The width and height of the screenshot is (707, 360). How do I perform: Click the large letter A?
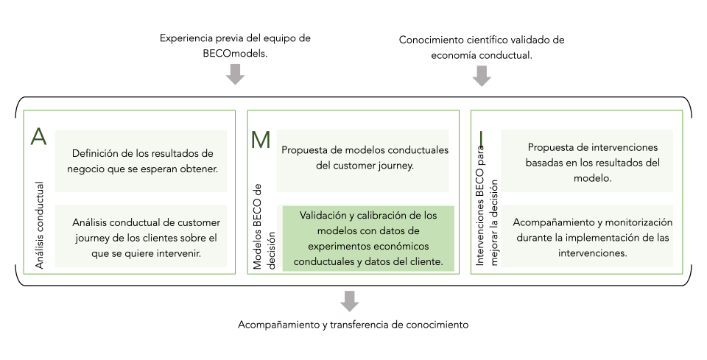pyautogui.click(x=38, y=138)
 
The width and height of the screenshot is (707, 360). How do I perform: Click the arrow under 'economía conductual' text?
pyautogui.click(x=482, y=75)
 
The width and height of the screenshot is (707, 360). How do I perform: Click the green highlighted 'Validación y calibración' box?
pyautogui.click(x=368, y=239)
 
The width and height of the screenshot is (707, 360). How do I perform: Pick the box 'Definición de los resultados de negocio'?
pyautogui.click(x=141, y=161)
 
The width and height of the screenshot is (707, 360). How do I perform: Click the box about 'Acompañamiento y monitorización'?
pyautogui.click(x=582, y=236)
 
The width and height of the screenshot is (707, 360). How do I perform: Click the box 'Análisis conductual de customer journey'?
pyautogui.click(x=141, y=236)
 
